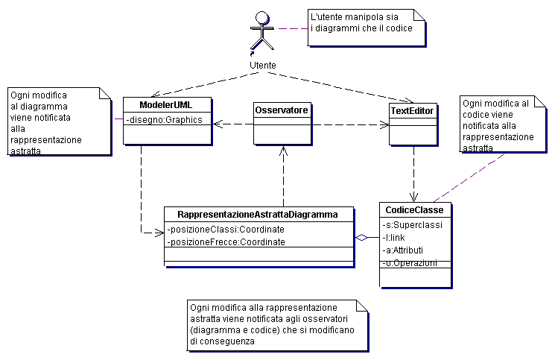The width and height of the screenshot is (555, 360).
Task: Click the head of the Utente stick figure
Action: click(262, 17)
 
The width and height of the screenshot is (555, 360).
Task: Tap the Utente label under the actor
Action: click(263, 66)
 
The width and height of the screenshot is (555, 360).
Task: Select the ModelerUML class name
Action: click(165, 105)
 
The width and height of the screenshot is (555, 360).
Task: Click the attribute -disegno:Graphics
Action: click(164, 120)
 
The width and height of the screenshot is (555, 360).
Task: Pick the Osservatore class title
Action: click(282, 110)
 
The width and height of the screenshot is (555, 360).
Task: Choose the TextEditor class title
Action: click(412, 111)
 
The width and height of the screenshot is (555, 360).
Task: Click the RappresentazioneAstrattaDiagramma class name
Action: click(258, 215)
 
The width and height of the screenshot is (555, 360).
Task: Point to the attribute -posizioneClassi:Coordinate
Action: click(226, 230)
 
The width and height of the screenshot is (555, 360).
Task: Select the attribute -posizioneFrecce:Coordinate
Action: click(226, 242)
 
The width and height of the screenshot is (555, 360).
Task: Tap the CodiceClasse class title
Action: click(414, 210)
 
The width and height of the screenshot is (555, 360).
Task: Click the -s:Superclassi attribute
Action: click(413, 225)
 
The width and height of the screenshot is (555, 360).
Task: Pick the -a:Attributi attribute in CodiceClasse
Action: click(403, 250)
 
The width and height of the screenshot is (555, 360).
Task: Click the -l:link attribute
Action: click(393, 238)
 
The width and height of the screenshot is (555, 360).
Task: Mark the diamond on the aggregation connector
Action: click(361, 238)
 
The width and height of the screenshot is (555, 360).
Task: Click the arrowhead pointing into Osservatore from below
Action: click(283, 151)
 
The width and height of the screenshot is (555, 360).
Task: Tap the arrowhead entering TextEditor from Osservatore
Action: click(384, 124)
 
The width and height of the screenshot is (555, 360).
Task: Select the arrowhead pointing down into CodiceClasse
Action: click(413, 198)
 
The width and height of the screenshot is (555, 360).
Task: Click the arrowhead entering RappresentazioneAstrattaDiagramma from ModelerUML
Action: click(159, 233)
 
